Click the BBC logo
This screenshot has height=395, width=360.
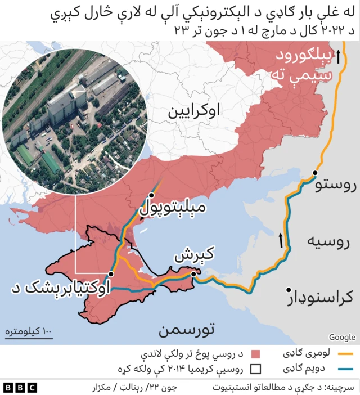[20, 387]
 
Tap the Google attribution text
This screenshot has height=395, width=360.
[342, 337]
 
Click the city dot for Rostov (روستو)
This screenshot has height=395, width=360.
[316, 173]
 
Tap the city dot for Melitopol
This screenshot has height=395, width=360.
[151, 195]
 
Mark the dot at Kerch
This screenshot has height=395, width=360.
[193, 274]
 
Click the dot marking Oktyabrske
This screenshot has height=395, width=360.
[111, 273]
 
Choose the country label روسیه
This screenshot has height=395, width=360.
[328, 243]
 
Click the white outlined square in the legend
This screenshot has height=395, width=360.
[256, 369]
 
